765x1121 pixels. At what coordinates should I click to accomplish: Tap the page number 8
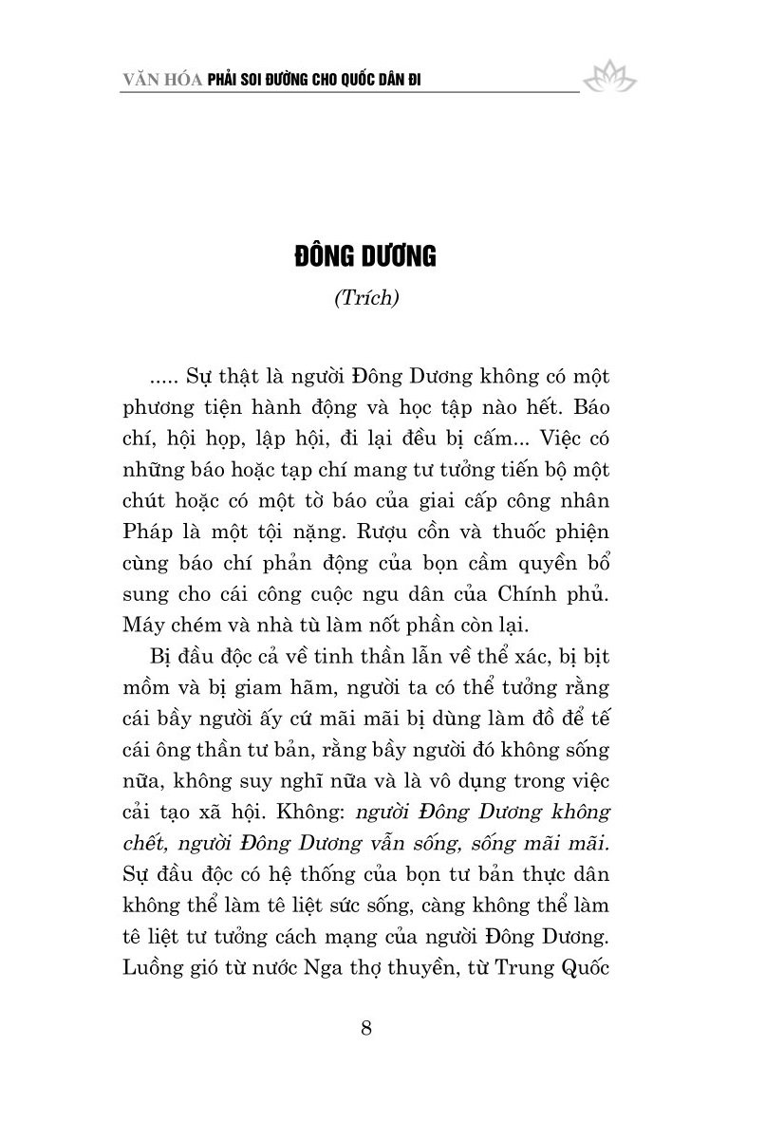pos(369,1029)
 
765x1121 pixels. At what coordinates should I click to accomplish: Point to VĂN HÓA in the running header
pos(156,82)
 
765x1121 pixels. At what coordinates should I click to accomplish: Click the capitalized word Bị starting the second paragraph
pos(159,660)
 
